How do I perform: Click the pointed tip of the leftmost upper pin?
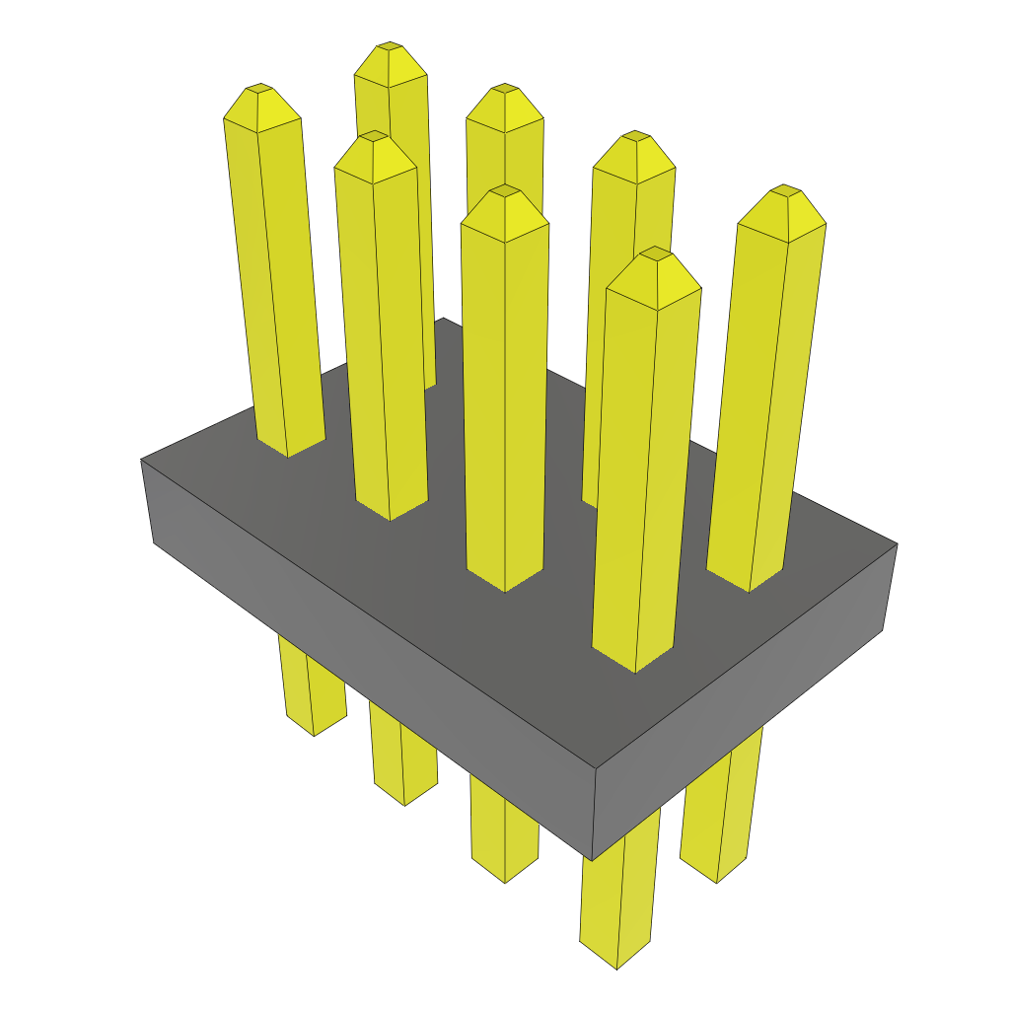click(259, 89)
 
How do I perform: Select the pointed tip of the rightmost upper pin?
click(784, 189)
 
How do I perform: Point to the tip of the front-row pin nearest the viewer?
click(654, 252)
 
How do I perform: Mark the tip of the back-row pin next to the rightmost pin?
click(635, 136)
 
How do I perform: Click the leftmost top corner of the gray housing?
click(142, 460)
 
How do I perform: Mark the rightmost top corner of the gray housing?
click(897, 543)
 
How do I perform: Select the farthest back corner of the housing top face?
click(443, 319)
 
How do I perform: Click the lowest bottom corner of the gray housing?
click(592, 858)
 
